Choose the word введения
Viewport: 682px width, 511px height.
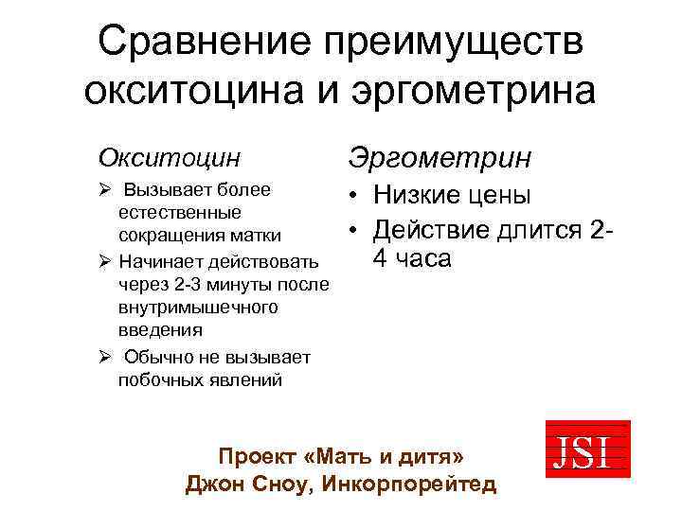[x=160, y=331]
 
